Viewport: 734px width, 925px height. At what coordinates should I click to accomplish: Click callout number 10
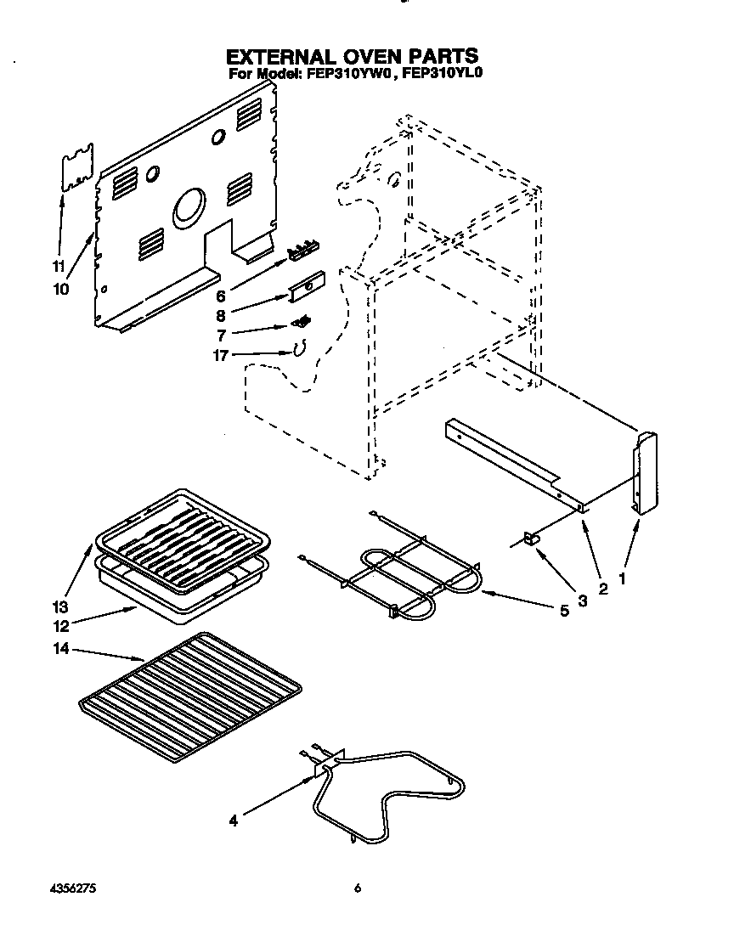point(59,289)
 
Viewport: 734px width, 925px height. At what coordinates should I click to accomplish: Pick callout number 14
point(60,651)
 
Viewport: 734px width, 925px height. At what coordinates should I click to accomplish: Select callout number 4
point(234,820)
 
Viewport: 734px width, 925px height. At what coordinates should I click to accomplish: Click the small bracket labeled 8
point(307,287)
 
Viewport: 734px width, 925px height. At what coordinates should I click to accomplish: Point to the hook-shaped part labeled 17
point(298,347)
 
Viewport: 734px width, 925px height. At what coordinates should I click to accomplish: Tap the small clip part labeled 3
point(533,538)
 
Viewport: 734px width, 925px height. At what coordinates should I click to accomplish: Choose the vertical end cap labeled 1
point(645,471)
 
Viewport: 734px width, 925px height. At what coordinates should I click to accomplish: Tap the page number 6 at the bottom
point(358,888)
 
